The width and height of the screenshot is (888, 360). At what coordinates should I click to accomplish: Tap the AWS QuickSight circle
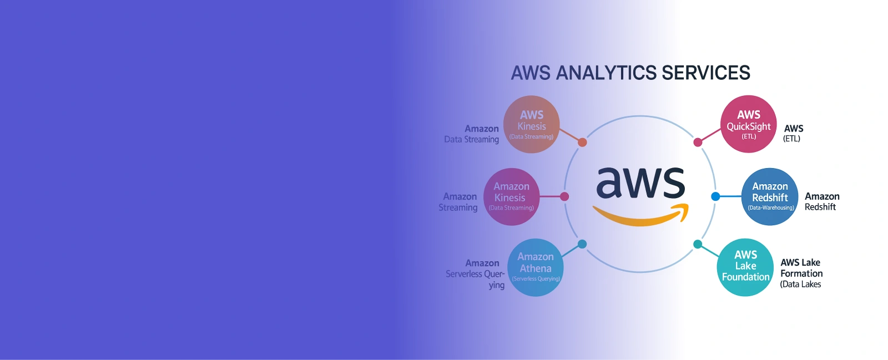[x=748, y=124]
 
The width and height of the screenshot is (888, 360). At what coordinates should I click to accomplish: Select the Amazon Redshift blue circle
[x=770, y=196]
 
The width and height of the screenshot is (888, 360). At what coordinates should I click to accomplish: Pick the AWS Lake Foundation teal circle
[x=745, y=267]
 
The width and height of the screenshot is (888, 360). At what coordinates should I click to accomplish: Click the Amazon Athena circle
[x=536, y=267]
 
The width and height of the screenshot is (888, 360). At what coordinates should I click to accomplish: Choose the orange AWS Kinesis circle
[x=531, y=124]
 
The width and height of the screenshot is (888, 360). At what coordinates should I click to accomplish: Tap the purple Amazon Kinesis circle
[x=511, y=196]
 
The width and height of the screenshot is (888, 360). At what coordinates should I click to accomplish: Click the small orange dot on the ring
[x=582, y=143]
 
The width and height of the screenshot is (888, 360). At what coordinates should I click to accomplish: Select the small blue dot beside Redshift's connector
[x=715, y=196]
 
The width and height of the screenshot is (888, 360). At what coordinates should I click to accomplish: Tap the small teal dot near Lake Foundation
[x=698, y=244]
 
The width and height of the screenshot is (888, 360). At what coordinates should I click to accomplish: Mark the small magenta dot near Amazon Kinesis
[x=564, y=196]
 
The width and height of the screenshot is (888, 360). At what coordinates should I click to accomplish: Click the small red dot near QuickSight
[x=698, y=143]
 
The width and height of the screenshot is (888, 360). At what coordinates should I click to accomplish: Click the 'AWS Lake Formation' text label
[x=801, y=268]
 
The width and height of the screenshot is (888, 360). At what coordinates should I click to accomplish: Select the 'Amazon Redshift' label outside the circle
[x=821, y=201]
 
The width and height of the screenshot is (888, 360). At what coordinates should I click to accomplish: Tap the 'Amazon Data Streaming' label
[x=472, y=134]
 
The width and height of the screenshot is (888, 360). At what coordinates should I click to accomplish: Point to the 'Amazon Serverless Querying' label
[x=476, y=273]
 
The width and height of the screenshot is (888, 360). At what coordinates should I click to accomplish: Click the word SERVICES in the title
[x=705, y=73]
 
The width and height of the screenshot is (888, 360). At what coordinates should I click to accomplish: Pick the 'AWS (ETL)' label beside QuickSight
[x=793, y=133]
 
